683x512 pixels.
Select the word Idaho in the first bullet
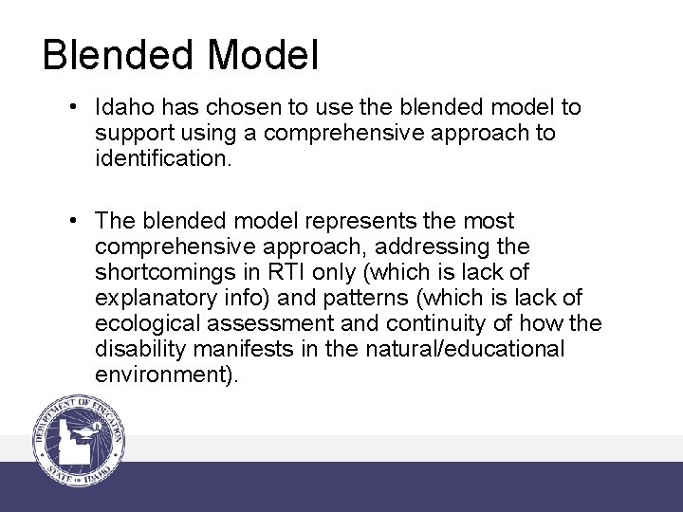pyautogui.click(x=121, y=107)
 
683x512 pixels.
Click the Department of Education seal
pyautogui.click(x=81, y=441)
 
